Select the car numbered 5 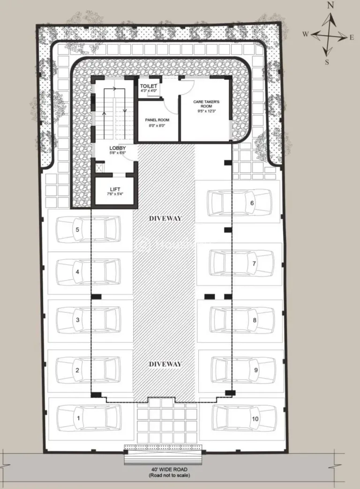point(86,229)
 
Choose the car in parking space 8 point(241,320)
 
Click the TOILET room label point(149,87)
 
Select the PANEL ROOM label point(157,120)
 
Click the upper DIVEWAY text point(165,218)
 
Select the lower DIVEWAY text point(165,364)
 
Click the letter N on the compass point(330,6)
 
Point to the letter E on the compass point(351,37)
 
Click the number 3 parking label point(77,320)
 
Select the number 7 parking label point(254,263)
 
